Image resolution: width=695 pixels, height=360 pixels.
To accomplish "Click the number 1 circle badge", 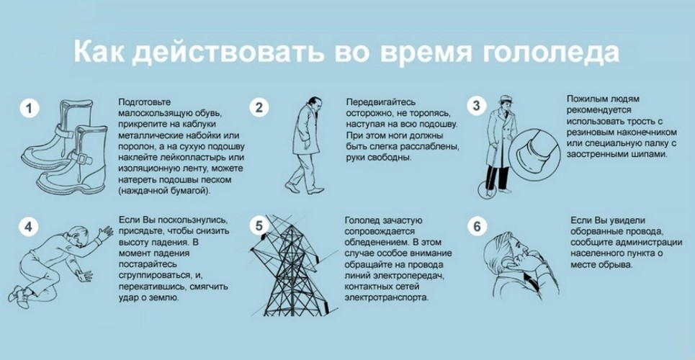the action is (30, 109).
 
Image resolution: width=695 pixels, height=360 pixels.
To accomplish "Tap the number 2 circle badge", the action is (259, 108).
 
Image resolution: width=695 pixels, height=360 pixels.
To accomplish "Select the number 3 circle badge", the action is (477, 106).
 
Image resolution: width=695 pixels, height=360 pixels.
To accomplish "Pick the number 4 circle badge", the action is (28, 227).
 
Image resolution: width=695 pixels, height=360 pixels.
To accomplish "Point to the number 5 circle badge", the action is (259, 225).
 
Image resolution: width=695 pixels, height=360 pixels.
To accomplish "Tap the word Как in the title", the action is (100, 51).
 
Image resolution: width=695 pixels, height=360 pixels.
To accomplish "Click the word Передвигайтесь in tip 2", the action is (381, 102).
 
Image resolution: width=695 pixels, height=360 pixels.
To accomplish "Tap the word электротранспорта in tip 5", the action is (387, 297).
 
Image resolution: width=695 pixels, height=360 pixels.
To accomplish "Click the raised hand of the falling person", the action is (105, 233).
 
